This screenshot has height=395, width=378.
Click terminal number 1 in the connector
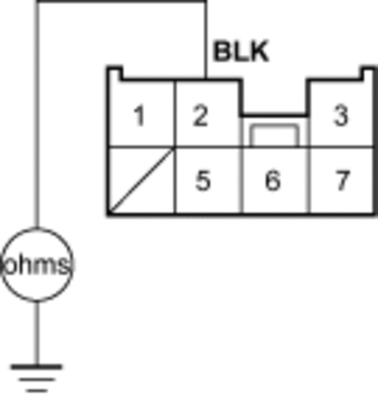click(139, 116)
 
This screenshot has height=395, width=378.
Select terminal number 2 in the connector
click(200, 116)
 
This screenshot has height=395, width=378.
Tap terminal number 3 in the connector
click(340, 115)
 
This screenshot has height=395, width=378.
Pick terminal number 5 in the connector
click(202, 180)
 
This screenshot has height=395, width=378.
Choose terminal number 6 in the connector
click(273, 180)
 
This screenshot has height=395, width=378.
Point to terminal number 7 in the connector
click(342, 180)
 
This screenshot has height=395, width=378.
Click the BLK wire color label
click(241, 51)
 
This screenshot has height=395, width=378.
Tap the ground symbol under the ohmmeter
click(37, 378)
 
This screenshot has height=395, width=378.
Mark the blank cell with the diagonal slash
click(141, 180)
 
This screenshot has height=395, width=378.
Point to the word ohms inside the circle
click(37, 266)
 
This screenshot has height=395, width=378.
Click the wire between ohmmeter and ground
click(37, 334)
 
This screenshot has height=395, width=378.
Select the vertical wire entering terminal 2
click(206, 40)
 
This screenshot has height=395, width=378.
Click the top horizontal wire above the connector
click(121, 2)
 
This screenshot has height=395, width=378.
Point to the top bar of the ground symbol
click(37, 367)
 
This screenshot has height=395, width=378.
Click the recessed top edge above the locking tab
click(273, 115)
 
